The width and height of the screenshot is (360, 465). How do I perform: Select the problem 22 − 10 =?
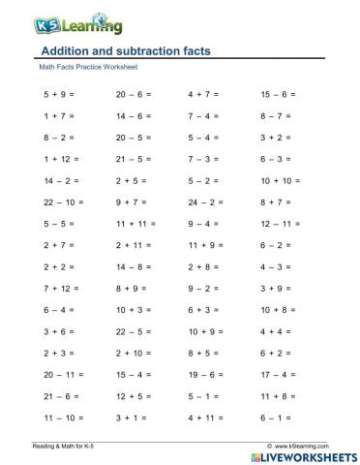[63, 201]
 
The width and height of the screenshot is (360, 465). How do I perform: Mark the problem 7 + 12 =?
[61, 287]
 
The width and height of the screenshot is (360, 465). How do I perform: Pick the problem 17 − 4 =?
[278, 372]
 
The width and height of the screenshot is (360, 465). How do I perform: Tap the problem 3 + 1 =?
[131, 415]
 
